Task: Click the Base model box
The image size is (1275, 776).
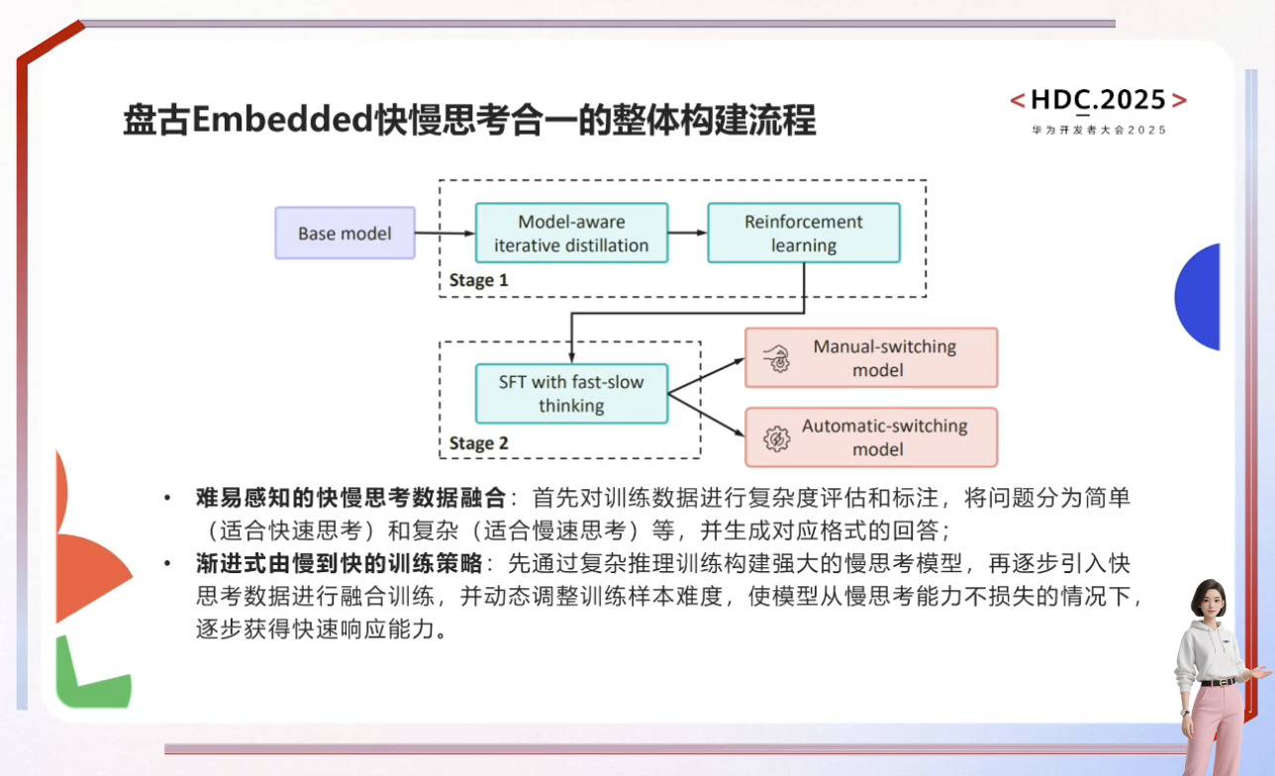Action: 344,234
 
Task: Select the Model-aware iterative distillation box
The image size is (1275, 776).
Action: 571,234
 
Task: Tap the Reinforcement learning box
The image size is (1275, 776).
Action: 803,234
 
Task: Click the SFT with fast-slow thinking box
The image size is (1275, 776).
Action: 571,394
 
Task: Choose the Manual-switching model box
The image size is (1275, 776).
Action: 870,358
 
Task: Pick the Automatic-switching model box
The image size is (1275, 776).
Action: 870,437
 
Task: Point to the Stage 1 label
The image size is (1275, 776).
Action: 478,280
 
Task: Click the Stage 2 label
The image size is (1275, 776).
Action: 478,442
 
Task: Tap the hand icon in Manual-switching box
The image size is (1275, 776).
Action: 779,358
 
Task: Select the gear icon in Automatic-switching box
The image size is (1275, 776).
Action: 778,437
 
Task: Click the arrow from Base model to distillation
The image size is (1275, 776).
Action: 444,234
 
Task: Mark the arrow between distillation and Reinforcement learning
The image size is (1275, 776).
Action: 688,234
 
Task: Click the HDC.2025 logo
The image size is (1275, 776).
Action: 1098,100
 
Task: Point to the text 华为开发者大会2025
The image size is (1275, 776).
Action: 1099,130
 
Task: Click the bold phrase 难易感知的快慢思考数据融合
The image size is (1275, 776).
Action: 351,498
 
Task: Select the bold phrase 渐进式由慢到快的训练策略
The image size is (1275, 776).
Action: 339,564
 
